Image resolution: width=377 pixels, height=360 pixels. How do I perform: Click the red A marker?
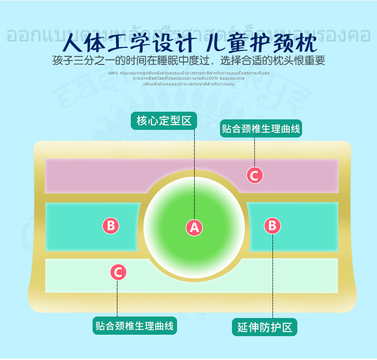pos(194,227)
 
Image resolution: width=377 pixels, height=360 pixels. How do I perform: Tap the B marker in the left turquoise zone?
pos(111,225)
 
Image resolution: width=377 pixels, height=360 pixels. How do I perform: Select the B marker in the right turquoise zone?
pos(272,225)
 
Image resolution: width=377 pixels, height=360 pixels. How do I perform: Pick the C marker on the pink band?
pos(254,175)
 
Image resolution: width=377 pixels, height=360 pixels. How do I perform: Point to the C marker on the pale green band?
pos(118,272)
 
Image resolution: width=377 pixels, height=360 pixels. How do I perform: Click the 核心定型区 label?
pos(164,121)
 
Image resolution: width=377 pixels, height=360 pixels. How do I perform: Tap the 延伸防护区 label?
pos(264,327)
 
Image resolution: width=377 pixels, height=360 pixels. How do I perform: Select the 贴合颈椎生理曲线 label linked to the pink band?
pos(261,128)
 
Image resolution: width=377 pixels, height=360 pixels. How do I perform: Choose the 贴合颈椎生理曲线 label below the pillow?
pos(134,326)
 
